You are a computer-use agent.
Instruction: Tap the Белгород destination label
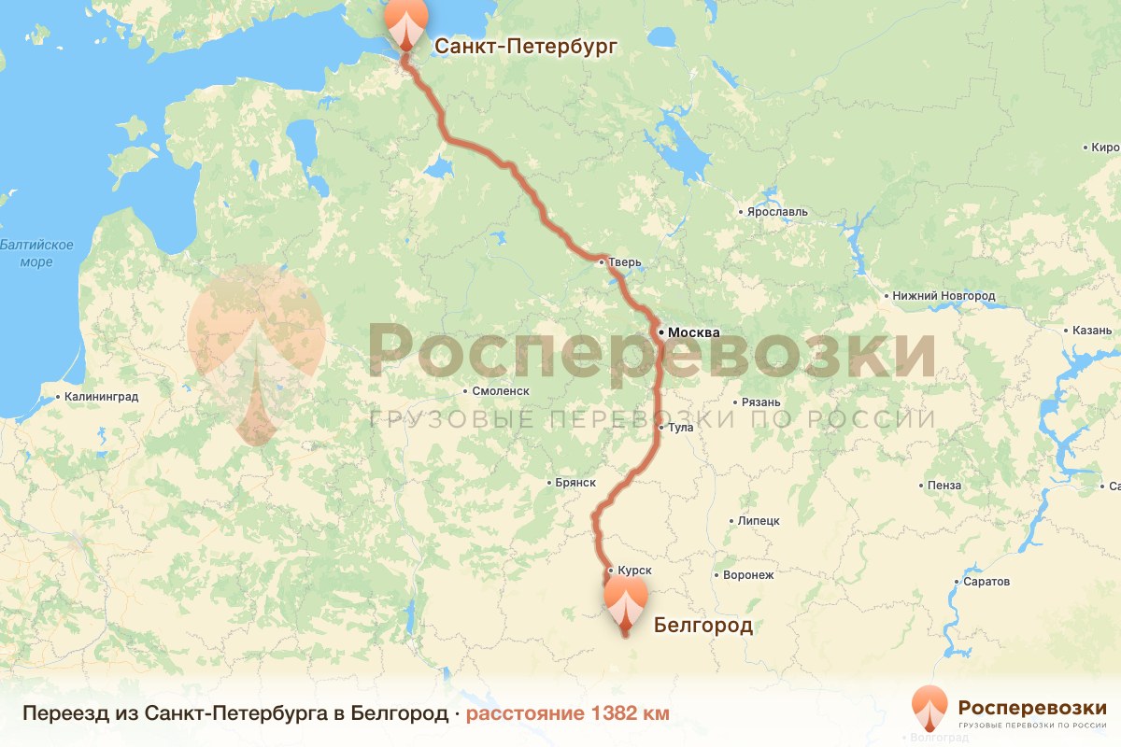(702, 625)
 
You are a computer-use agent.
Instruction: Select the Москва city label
(693, 332)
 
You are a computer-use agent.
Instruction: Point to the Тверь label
(625, 262)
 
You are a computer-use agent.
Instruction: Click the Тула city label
(680, 428)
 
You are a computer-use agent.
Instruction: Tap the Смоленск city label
(502, 391)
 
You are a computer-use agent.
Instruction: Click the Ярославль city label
(776, 212)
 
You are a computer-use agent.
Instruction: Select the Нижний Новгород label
(944, 296)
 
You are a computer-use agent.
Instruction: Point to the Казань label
(1090, 331)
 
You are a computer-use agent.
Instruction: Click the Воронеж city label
(748, 575)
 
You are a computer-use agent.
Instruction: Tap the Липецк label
(759, 521)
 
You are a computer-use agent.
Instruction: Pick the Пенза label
(944, 486)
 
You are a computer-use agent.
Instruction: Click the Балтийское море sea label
(37, 253)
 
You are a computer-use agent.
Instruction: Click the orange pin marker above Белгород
(625, 601)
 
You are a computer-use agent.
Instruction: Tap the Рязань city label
(760, 402)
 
